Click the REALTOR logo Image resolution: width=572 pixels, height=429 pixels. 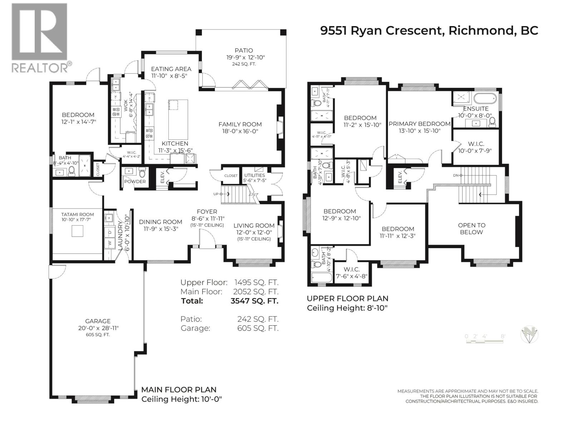[39, 37]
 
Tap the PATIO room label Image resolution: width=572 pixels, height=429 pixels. [244, 51]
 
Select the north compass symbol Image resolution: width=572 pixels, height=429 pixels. [529, 335]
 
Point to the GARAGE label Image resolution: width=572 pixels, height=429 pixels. [98, 321]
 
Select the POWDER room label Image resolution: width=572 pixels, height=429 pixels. [135, 181]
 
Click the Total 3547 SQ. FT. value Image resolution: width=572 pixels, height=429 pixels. [254, 301]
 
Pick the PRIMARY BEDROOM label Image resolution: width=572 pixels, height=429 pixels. [419, 124]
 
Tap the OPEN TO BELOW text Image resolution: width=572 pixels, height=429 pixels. [471, 228]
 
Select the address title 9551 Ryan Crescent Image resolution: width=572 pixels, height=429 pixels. [429, 30]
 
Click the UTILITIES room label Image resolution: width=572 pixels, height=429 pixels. [255, 175]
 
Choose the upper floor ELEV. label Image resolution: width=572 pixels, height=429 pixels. [400, 176]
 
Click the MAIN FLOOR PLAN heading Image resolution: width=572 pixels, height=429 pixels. [179, 390]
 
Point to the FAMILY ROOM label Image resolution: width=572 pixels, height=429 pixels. [240, 124]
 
